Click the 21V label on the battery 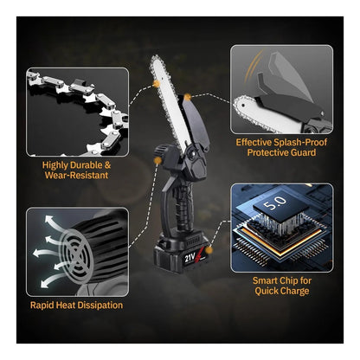click(x=190, y=257)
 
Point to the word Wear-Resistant click(x=76, y=175)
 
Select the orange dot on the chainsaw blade click(x=157, y=84)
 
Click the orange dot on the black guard click(x=187, y=97)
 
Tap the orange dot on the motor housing click(x=157, y=160)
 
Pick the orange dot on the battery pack click(x=209, y=250)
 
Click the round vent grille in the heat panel click(x=75, y=254)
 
